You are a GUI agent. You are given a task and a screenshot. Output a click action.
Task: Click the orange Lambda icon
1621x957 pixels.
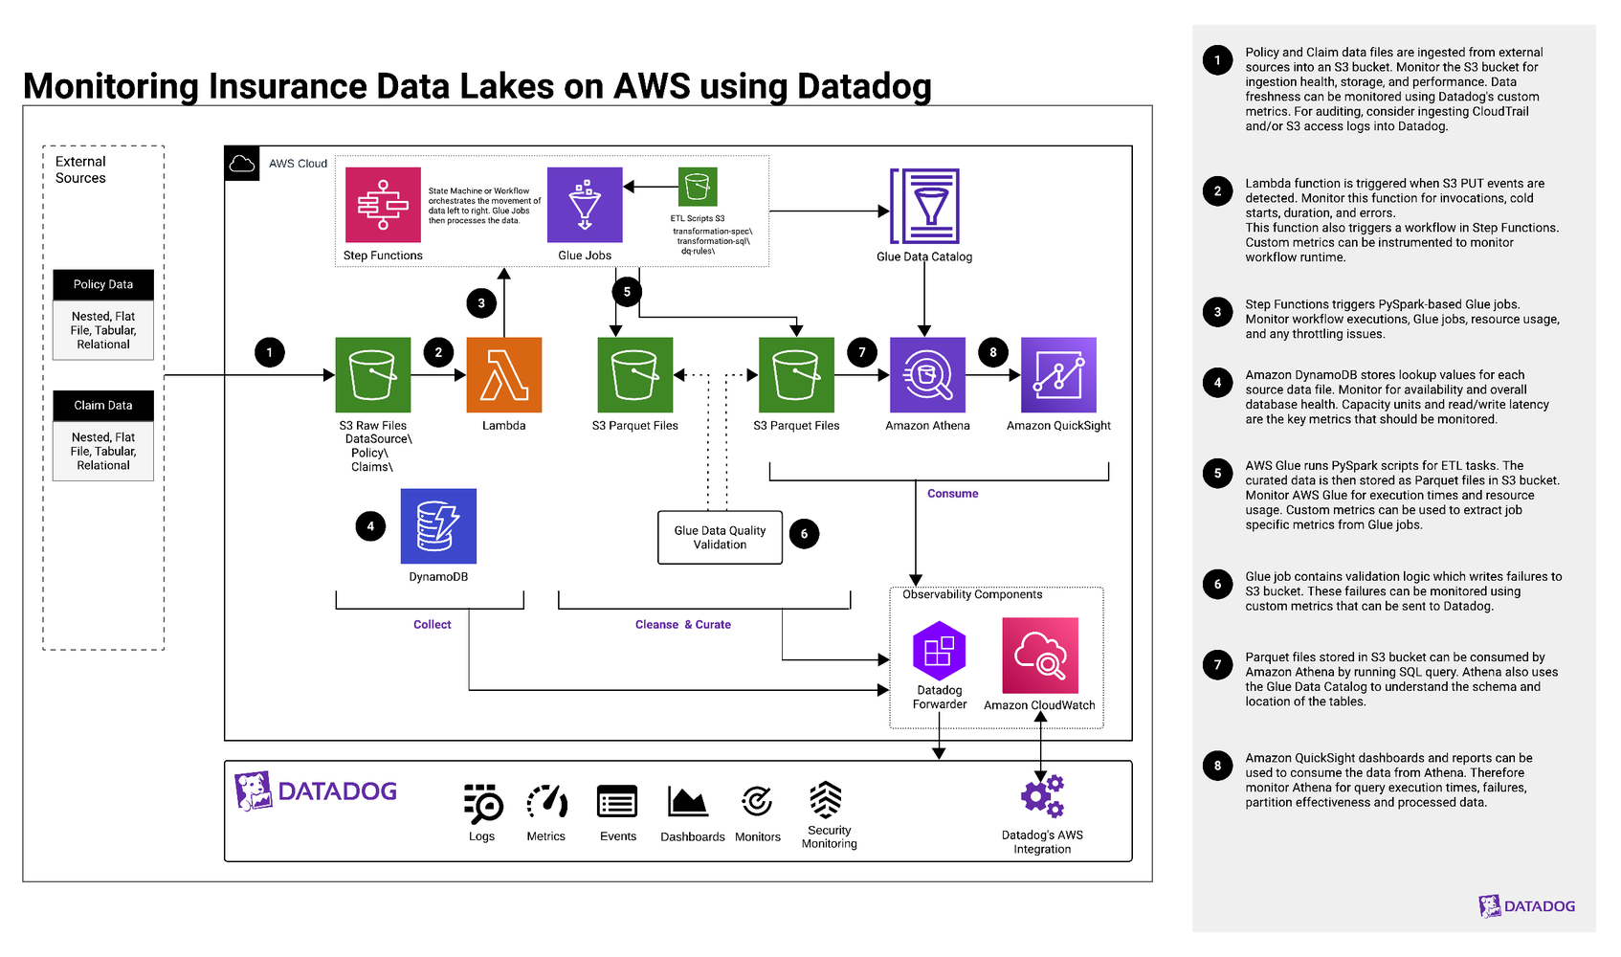504,375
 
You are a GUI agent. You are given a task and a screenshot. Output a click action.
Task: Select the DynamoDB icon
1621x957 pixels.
438,526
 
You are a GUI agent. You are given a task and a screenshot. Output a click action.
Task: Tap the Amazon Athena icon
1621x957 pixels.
927,375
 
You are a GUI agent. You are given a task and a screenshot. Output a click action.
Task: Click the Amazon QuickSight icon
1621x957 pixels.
1058,375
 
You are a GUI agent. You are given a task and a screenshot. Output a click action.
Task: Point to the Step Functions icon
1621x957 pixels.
383,205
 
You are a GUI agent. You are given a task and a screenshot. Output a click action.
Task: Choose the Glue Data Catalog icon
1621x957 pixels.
924,207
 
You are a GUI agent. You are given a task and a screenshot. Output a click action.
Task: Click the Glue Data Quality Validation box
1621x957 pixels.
720,538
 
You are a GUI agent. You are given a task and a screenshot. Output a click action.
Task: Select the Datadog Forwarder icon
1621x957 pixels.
939,651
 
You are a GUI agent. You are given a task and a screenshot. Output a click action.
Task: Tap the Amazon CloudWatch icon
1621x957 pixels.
1040,656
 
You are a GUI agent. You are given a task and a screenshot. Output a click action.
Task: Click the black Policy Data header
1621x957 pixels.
103,284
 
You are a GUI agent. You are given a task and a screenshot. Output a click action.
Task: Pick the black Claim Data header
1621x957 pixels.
103,405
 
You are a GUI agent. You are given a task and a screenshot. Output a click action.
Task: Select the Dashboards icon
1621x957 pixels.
688,802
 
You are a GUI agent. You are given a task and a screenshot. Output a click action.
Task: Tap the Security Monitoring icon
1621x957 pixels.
826,800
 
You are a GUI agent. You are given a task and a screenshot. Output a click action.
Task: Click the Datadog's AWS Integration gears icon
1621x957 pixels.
1043,796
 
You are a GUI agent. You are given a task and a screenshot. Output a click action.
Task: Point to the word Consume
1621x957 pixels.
952,494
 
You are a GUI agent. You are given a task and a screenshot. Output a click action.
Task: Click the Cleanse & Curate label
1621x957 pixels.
682,625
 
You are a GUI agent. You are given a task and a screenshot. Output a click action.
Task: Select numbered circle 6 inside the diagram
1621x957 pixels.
804,534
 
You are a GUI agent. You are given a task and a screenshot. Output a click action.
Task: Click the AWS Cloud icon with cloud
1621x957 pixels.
242,164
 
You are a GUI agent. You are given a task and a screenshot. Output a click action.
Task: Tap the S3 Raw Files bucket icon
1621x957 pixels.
373,375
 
